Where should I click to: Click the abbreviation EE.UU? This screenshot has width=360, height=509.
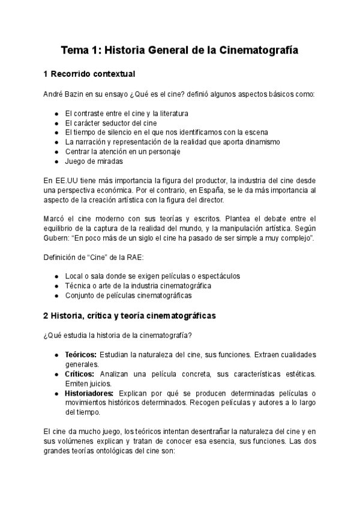point(66,181)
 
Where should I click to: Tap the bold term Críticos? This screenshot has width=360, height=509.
point(79,374)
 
